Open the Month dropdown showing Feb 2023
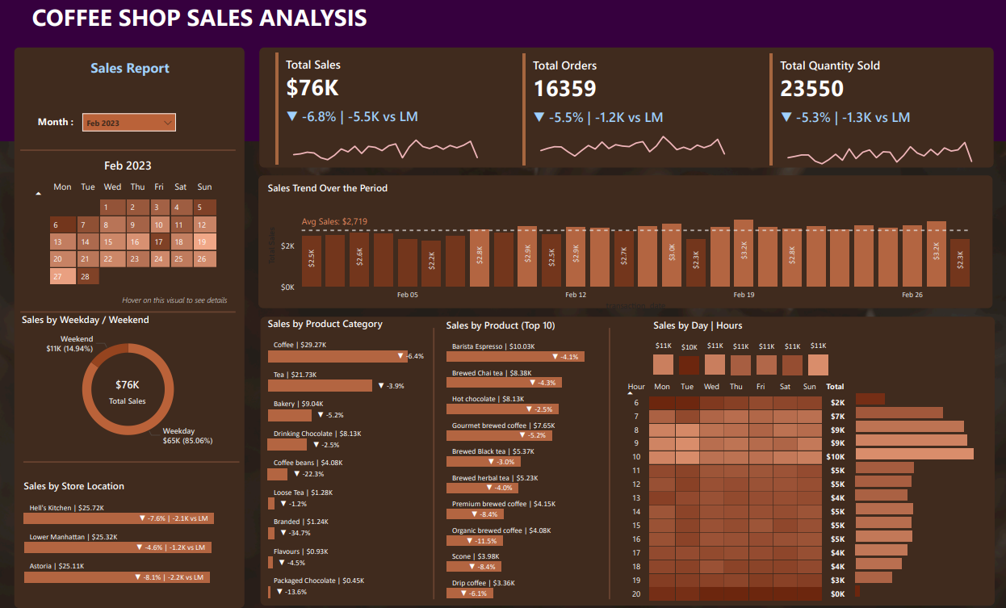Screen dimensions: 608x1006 click(x=129, y=123)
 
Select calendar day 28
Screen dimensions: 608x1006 click(x=86, y=276)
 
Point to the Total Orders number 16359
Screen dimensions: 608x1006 click(x=564, y=88)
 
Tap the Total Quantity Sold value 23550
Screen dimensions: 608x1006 click(x=811, y=88)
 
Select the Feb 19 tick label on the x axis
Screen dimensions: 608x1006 click(x=744, y=296)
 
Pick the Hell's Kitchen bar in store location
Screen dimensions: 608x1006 click(x=119, y=518)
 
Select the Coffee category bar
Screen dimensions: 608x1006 click(x=339, y=356)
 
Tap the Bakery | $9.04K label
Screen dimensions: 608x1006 click(x=299, y=404)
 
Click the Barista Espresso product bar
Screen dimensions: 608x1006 click(x=515, y=356)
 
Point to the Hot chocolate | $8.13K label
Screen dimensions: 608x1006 click(x=488, y=399)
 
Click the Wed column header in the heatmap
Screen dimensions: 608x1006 click(x=711, y=387)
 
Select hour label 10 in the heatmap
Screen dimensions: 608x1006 click(x=636, y=457)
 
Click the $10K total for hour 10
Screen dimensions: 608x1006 click(x=836, y=457)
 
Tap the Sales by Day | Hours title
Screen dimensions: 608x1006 click(x=697, y=325)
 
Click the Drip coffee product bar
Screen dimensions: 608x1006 click(x=469, y=593)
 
